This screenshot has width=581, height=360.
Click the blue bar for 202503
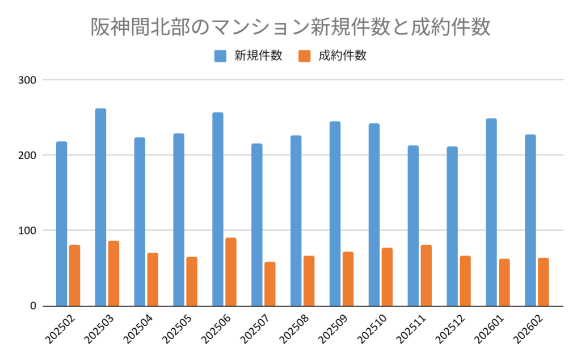(x=100, y=207)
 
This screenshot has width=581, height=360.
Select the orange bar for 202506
(x=230, y=272)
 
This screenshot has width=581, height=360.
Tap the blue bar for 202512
(x=452, y=227)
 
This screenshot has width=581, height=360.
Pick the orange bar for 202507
(x=270, y=284)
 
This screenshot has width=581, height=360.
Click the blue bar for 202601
(x=491, y=212)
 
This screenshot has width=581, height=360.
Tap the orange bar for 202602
(x=543, y=282)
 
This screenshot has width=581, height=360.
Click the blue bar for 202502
(x=61, y=224)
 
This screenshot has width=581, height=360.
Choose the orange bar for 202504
(x=153, y=279)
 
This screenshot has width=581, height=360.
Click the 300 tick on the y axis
(x=28, y=80)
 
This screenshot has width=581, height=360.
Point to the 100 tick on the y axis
(x=28, y=231)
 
